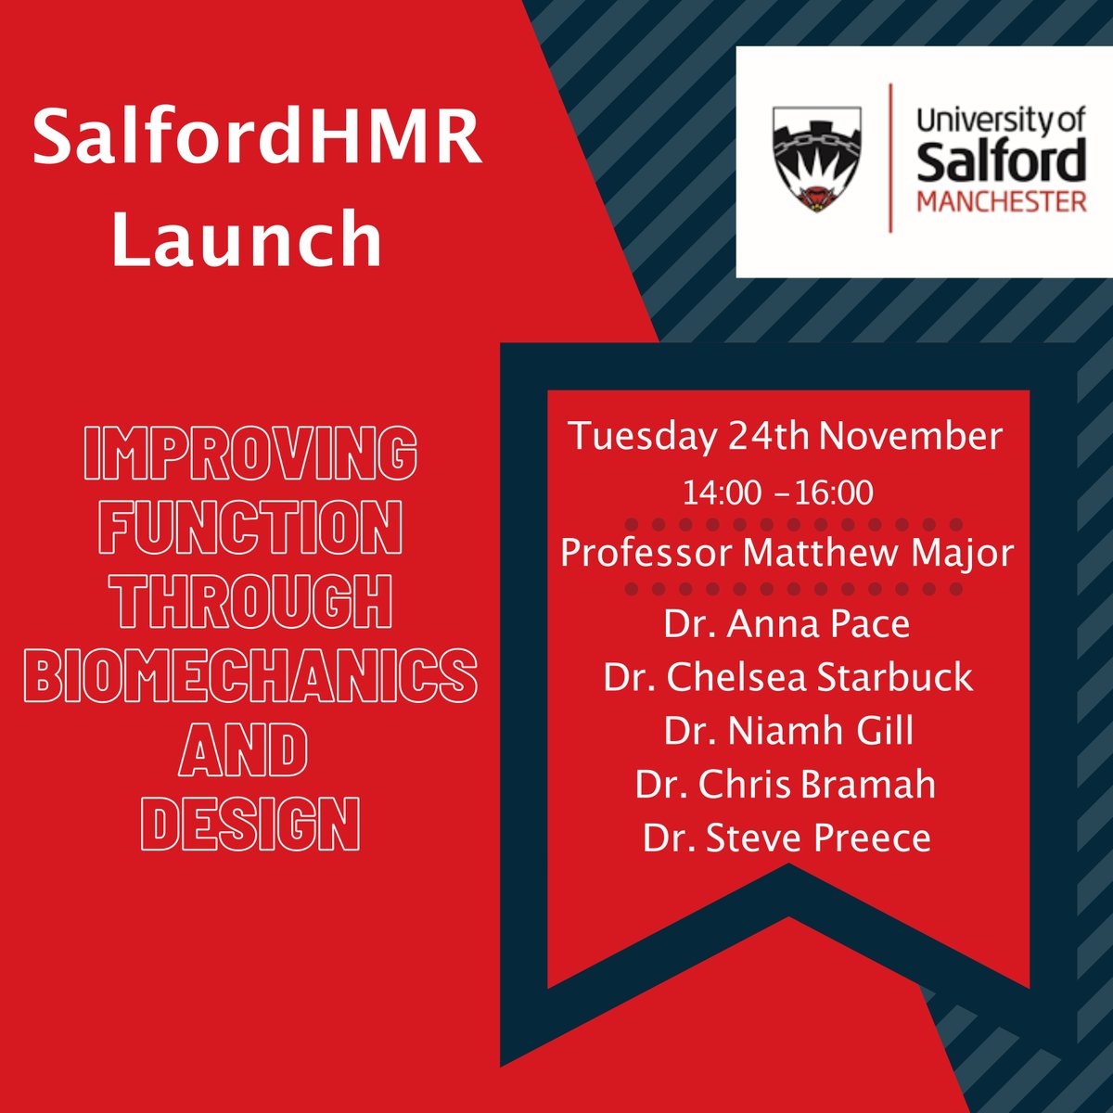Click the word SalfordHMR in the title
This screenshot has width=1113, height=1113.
(x=257, y=139)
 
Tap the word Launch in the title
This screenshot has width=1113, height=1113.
(x=248, y=237)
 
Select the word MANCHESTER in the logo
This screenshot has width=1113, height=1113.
(x=1002, y=201)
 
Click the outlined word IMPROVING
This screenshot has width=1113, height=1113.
(x=250, y=454)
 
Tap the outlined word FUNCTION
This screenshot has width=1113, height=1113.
(x=250, y=528)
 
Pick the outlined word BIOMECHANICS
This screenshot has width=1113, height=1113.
(x=250, y=675)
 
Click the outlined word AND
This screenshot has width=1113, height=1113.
(x=244, y=749)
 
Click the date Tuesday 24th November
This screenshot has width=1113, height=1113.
(x=787, y=436)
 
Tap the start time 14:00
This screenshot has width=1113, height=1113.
(x=721, y=493)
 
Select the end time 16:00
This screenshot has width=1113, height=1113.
(x=834, y=493)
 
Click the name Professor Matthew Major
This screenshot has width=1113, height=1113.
(x=787, y=554)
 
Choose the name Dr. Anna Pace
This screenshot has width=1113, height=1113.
(x=787, y=624)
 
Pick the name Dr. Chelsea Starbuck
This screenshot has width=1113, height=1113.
(x=788, y=677)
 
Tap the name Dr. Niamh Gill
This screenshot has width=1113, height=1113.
(x=788, y=731)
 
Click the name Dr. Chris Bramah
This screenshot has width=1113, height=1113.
(x=787, y=785)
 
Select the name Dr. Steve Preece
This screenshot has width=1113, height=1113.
(x=787, y=838)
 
